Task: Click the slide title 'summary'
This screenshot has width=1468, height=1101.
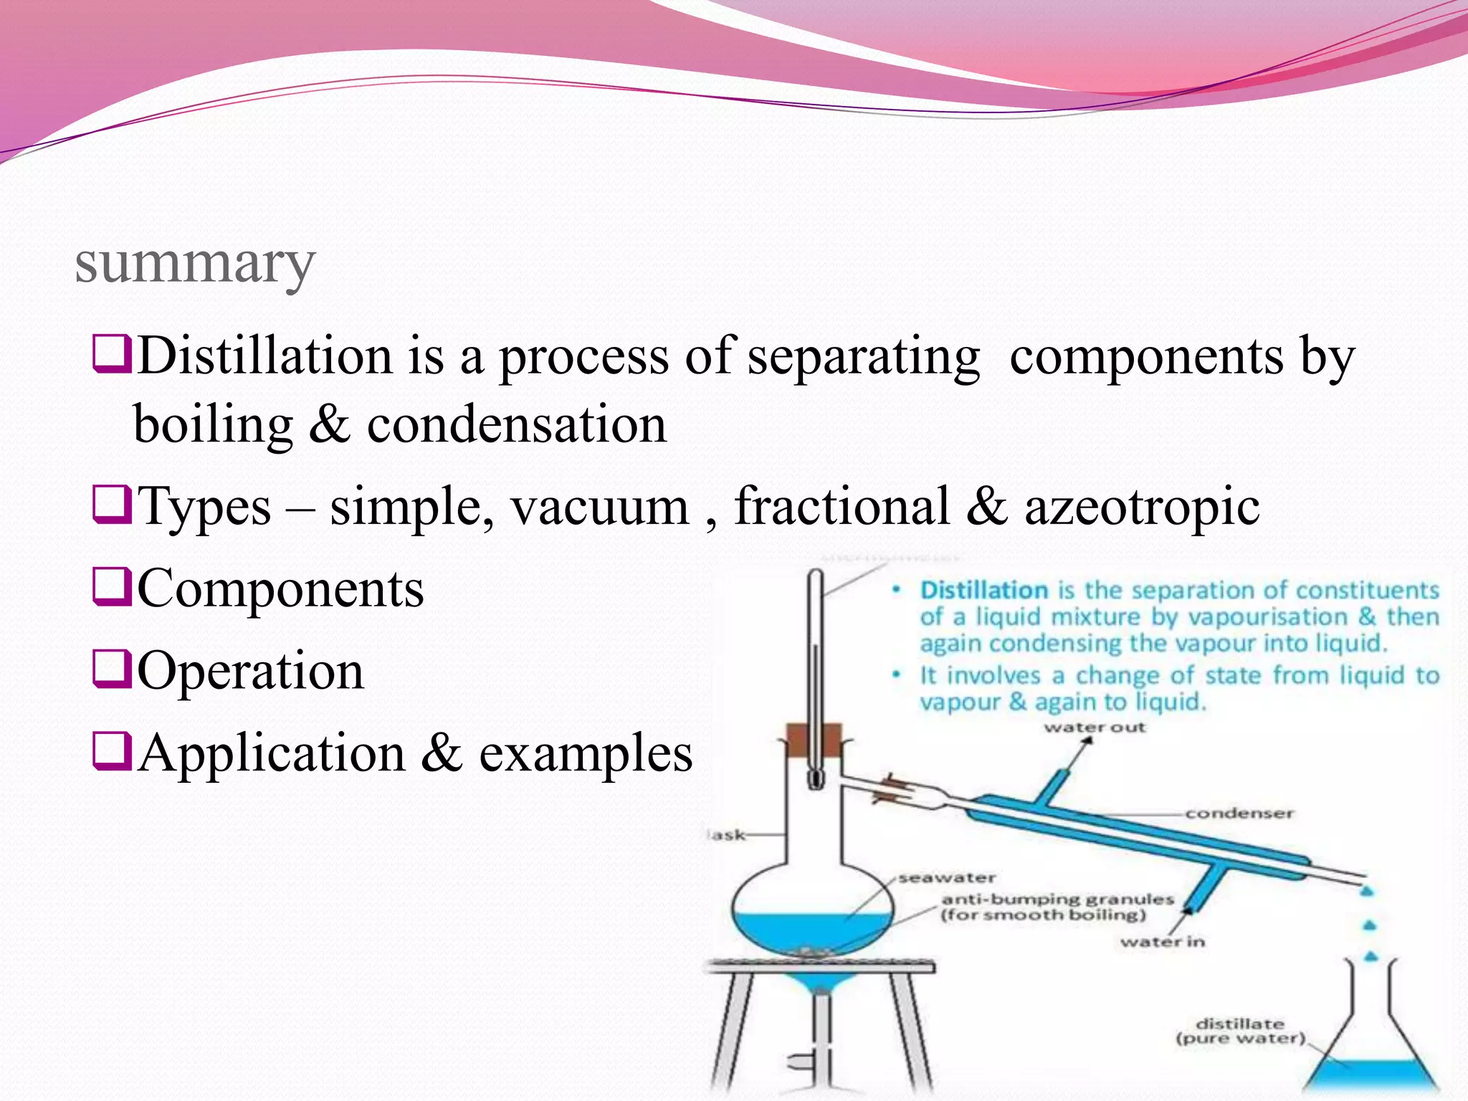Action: pyautogui.click(x=194, y=264)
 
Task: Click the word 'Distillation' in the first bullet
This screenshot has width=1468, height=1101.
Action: pyautogui.click(x=264, y=356)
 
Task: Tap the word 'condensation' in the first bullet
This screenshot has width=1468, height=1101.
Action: pyautogui.click(x=517, y=424)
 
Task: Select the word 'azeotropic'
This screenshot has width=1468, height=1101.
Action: pyautogui.click(x=1141, y=507)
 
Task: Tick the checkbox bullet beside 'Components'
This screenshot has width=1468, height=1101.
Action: pyautogui.click(x=112, y=587)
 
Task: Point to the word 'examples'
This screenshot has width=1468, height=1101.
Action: pyautogui.click(x=586, y=753)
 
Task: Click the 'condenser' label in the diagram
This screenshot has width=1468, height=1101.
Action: pyautogui.click(x=1239, y=813)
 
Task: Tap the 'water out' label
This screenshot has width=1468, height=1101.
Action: pyautogui.click(x=1095, y=728)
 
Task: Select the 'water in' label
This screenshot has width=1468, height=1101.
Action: pyautogui.click(x=1162, y=941)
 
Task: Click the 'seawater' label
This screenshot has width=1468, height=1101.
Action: pyautogui.click(x=947, y=877)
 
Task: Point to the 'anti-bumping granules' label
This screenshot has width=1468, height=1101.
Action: pyautogui.click(x=1057, y=899)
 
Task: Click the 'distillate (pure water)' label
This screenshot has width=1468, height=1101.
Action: pyautogui.click(x=1240, y=1031)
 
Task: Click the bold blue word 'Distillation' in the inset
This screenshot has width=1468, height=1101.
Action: pyautogui.click(x=983, y=590)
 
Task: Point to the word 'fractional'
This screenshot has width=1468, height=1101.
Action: pyautogui.click(x=842, y=507)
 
